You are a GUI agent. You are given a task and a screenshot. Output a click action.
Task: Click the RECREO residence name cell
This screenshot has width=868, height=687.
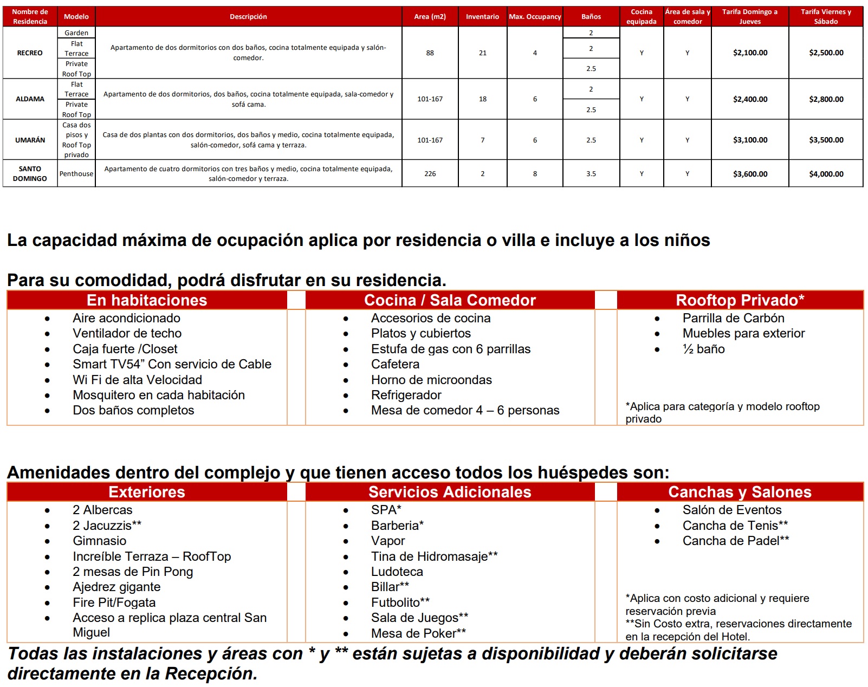coord(30,53)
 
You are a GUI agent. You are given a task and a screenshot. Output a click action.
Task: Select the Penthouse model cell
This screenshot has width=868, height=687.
coord(76,174)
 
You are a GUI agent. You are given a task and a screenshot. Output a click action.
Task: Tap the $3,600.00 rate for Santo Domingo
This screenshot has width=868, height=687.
coord(750,174)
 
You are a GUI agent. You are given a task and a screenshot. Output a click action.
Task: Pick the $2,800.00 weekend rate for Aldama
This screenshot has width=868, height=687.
coord(826,99)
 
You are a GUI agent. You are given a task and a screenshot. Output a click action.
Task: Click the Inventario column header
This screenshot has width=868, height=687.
coord(482,17)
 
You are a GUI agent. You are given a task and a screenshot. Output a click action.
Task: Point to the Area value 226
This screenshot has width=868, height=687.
coord(430,174)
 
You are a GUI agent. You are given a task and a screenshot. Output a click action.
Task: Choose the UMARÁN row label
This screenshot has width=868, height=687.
coord(30,140)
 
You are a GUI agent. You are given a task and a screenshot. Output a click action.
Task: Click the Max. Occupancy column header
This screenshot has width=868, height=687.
coord(535,17)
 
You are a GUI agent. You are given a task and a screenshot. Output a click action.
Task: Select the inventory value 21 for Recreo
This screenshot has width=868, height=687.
coord(482,53)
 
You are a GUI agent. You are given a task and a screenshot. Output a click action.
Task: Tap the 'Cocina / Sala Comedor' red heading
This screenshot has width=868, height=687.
coord(450,300)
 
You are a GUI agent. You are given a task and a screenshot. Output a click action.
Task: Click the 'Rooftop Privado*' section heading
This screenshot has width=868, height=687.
coord(740,300)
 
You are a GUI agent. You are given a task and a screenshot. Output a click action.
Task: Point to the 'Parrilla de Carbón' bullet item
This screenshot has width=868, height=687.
coord(733,318)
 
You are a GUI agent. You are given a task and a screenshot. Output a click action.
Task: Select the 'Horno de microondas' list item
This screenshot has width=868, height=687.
coord(431,380)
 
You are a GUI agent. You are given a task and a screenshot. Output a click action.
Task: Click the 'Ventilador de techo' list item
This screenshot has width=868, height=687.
coord(127,333)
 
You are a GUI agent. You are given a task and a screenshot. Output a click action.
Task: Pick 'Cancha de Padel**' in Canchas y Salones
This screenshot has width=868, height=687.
coord(735,541)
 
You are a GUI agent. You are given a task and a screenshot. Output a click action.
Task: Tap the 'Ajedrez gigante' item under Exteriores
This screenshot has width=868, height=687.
coord(116,587)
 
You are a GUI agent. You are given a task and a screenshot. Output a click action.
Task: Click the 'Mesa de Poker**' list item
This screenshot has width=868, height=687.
coord(418,633)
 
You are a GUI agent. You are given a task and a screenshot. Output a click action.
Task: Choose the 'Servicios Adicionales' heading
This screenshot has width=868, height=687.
coord(450,492)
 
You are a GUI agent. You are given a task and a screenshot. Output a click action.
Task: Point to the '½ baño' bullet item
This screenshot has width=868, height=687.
coord(703,349)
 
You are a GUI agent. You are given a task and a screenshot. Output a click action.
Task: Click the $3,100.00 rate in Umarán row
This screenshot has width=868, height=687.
coord(750,140)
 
